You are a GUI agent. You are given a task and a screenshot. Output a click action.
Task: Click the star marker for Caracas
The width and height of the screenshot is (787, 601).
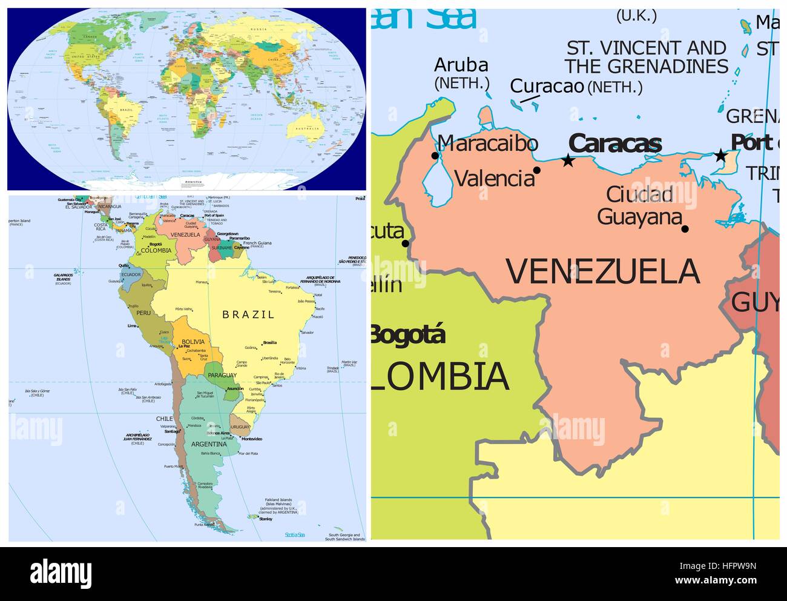(x=568, y=161)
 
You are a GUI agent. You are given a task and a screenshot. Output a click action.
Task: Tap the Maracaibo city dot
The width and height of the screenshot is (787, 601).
(x=435, y=156)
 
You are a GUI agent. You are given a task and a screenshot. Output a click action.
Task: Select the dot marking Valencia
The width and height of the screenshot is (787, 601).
(x=536, y=170)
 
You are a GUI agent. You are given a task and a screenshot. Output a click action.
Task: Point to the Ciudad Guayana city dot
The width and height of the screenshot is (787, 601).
(x=685, y=228)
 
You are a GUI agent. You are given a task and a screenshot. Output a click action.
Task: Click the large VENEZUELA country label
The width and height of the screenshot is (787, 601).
(x=603, y=271)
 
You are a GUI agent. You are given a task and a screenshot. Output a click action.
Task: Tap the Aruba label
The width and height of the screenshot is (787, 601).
(x=461, y=65)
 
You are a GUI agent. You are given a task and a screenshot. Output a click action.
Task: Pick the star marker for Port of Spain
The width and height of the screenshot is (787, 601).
(x=720, y=155)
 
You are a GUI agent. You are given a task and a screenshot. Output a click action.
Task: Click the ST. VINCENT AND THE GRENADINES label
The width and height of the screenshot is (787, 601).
(x=647, y=57)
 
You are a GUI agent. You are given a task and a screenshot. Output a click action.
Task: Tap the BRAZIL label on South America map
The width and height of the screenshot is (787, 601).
(x=248, y=314)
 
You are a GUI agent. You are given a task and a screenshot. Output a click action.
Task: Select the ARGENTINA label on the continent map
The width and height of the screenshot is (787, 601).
(x=209, y=444)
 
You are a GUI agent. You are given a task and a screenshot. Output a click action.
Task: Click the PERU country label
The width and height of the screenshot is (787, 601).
(x=143, y=313)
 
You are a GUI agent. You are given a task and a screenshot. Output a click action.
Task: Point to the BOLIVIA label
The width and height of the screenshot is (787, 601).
(x=193, y=342)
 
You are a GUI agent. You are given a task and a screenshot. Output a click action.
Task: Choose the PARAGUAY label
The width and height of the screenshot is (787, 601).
(x=222, y=376)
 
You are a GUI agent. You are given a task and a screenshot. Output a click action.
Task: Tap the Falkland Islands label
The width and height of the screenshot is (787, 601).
(x=279, y=501)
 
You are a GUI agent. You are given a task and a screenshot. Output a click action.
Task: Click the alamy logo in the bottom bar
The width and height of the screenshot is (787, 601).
(x=62, y=572)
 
